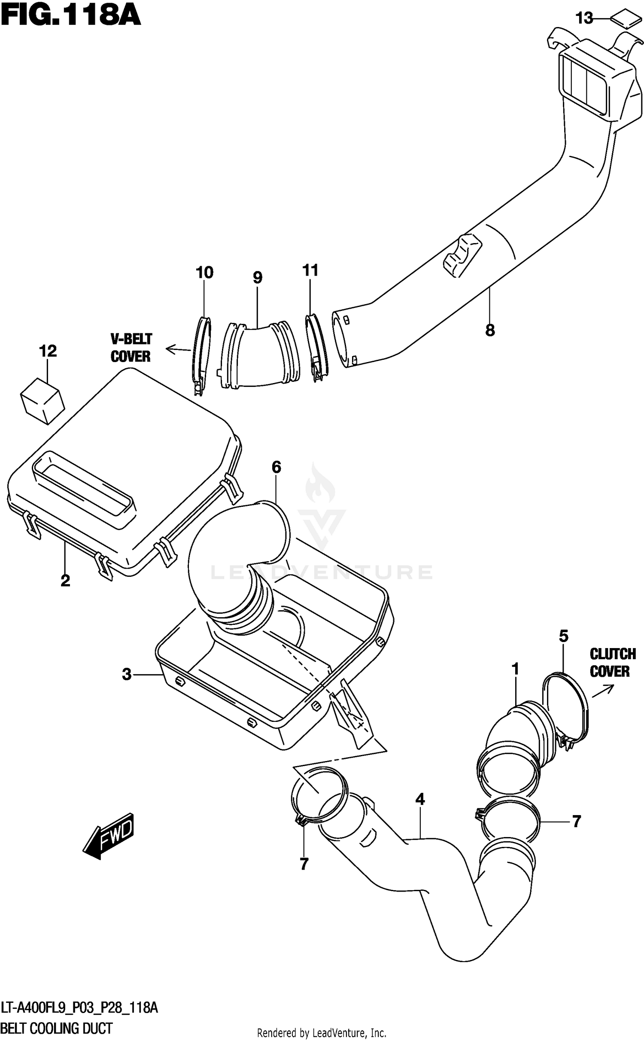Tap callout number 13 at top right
(x=584, y=18)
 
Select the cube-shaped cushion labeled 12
(x=42, y=401)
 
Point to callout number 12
(x=48, y=351)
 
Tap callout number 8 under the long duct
(x=490, y=330)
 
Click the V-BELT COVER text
(x=131, y=348)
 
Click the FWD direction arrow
(x=109, y=835)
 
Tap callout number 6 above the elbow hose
(x=276, y=467)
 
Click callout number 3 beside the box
(x=127, y=674)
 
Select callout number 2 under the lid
(x=65, y=581)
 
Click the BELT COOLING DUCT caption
(x=57, y=1028)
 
